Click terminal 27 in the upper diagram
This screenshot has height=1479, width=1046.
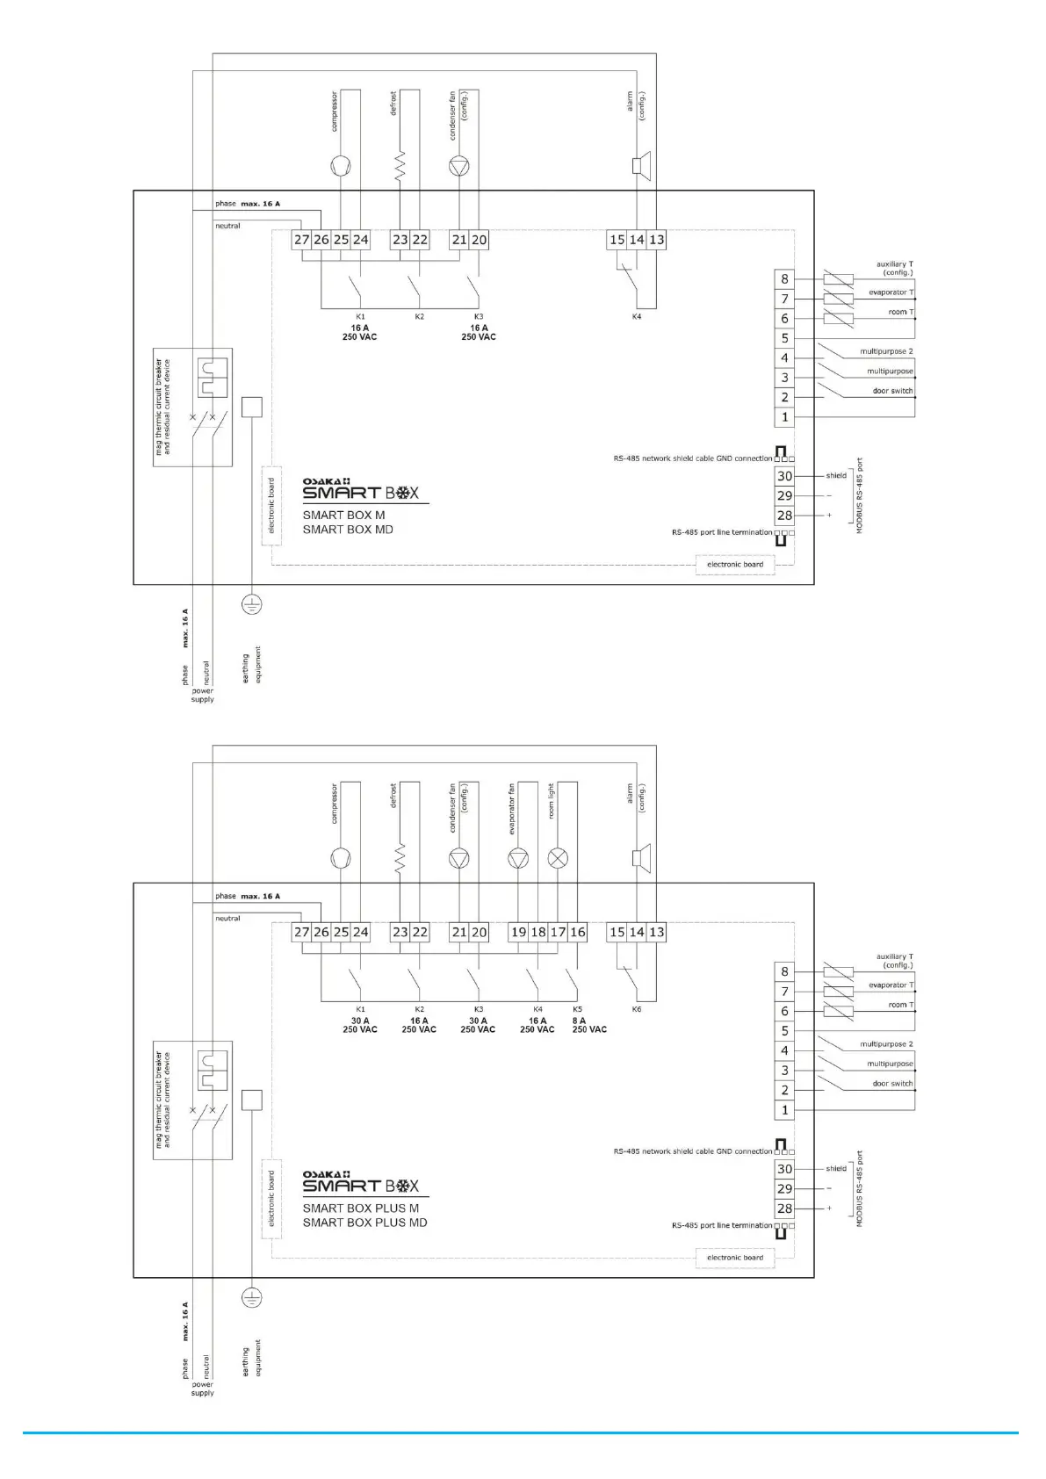pos(301,240)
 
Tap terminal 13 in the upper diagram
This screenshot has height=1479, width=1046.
pos(656,240)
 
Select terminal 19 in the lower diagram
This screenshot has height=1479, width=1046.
pos(518,933)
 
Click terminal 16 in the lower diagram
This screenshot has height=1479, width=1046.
pos(577,933)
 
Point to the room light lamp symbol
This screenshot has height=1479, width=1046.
pos(558,859)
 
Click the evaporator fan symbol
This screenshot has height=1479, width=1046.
pos(518,859)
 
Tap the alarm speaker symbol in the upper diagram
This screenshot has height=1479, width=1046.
pos(640,166)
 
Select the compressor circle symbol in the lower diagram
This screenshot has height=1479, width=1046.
pos(341,859)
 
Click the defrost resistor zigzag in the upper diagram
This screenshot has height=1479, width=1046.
pos(400,166)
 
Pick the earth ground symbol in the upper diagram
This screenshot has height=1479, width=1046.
pos(252,604)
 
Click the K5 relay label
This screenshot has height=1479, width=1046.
pos(577,1010)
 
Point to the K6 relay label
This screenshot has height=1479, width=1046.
pos(637,1010)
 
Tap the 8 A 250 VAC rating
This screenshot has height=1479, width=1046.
pos(589,1025)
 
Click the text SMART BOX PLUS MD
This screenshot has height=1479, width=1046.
pos(364,1223)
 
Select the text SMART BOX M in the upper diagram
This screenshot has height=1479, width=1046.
pos(343,516)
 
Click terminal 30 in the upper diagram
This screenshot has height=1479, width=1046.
pos(784,476)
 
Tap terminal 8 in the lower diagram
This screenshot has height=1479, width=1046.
pos(784,972)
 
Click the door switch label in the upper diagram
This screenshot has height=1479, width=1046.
pos(892,391)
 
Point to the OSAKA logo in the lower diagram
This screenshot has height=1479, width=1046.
pos(327,1174)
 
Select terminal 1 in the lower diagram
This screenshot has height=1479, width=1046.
pos(784,1110)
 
